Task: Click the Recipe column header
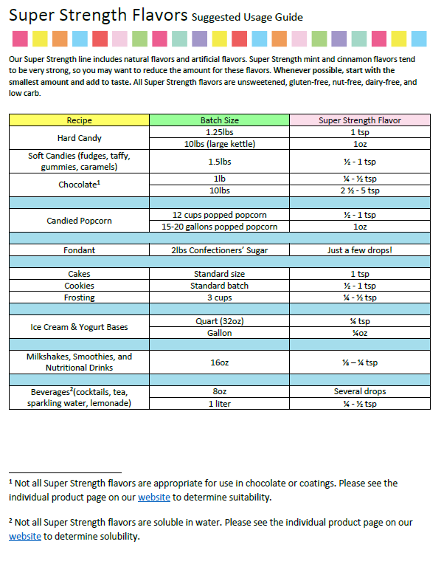point(79,120)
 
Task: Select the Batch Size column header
point(219,120)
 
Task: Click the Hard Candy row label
point(79,138)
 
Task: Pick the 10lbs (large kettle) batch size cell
point(219,144)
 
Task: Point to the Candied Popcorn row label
point(79,221)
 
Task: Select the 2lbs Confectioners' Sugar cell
point(219,250)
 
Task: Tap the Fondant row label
point(79,250)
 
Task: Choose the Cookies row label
point(79,286)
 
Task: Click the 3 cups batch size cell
point(219,298)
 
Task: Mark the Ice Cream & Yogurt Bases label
point(79,327)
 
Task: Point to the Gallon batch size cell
point(219,333)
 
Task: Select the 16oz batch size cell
point(219,362)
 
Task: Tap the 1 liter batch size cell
point(219,404)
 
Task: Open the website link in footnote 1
point(153,498)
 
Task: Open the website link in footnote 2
point(24,537)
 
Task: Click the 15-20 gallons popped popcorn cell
point(219,227)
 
